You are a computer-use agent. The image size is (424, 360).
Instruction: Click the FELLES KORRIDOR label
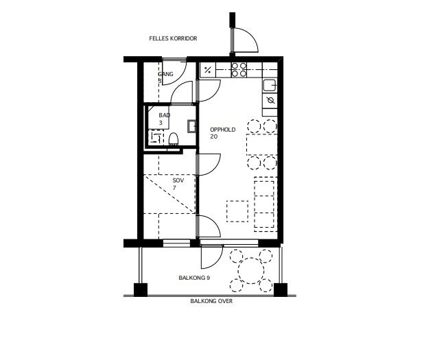[x=173, y=38]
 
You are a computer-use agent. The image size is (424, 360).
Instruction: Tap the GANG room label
[x=165, y=74]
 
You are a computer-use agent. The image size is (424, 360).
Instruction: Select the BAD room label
[x=165, y=115]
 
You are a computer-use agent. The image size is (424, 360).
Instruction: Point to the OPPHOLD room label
[x=222, y=130]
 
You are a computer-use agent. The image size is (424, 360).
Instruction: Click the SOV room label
[x=178, y=180]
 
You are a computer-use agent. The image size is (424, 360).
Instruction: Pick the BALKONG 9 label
[x=194, y=278]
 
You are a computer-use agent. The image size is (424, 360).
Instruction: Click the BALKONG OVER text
[x=211, y=301]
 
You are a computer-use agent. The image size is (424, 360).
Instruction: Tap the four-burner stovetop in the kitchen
[x=239, y=70]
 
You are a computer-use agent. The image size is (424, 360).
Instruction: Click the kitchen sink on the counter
[x=270, y=86]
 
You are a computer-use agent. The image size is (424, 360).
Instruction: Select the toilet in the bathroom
[x=174, y=139]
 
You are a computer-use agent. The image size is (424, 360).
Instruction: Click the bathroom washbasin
[x=191, y=126]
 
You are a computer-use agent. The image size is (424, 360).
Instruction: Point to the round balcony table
[x=251, y=271]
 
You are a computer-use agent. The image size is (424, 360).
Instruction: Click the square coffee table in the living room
[x=237, y=211]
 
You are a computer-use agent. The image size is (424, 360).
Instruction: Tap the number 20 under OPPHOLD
[x=213, y=136]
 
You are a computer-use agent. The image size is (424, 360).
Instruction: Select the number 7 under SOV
[x=174, y=188]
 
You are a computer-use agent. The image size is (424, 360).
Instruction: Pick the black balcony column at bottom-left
[x=141, y=290]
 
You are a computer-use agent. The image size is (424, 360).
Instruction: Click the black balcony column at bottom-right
[x=281, y=290]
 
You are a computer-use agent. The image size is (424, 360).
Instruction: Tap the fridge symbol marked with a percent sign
[x=208, y=70]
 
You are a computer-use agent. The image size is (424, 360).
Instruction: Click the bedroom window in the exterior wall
[x=176, y=243]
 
